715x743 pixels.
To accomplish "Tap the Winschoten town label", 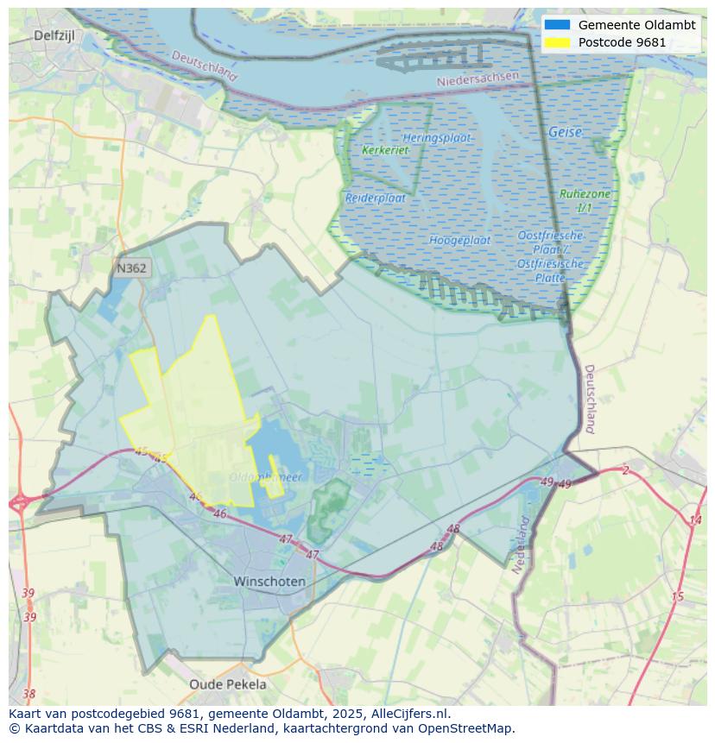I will tap(269, 582).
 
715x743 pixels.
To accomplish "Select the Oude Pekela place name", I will tap(228, 684).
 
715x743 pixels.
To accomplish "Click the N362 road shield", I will tap(132, 268).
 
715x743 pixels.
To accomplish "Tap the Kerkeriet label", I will tap(385, 150).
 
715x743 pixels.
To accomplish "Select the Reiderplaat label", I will tap(376, 198).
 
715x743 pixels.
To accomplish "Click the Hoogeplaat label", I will tap(460, 240).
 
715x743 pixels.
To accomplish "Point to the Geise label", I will tap(565, 133).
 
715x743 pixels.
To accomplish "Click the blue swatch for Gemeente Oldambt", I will tap(557, 25).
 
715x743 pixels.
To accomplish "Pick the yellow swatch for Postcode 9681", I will tap(557, 42).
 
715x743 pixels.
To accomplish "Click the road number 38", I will tap(29, 694).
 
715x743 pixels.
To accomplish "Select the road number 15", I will tap(677, 597).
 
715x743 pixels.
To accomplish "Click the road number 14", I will tap(695, 520).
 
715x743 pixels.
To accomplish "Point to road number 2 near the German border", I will tap(625, 470).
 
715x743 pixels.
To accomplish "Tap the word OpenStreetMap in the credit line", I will tap(464, 728).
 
